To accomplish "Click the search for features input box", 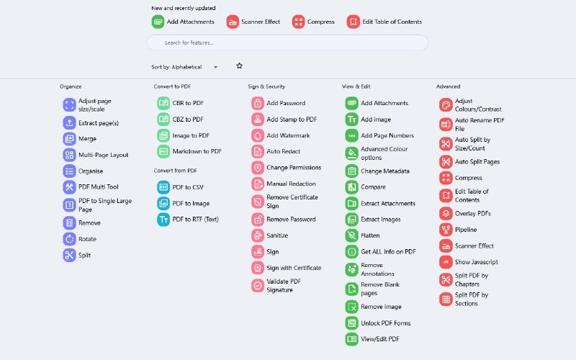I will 288,42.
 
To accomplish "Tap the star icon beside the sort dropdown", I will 239,66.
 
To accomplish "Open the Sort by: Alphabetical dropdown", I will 184,67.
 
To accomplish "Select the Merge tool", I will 87,138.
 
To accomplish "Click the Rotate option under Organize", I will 87,239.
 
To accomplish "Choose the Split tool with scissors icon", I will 84,255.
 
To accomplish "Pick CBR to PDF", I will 187,103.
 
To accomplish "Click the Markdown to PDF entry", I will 197,151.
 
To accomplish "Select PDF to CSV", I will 187,187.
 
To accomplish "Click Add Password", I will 285,103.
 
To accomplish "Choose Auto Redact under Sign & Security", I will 283,151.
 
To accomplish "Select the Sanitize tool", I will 276,235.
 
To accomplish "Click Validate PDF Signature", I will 283,286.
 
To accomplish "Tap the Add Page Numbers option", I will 387,135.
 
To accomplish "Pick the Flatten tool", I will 369,235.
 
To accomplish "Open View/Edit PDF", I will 379,339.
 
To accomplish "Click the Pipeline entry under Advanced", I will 465,230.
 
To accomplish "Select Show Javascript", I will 476,262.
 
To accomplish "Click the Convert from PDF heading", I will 176,171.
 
